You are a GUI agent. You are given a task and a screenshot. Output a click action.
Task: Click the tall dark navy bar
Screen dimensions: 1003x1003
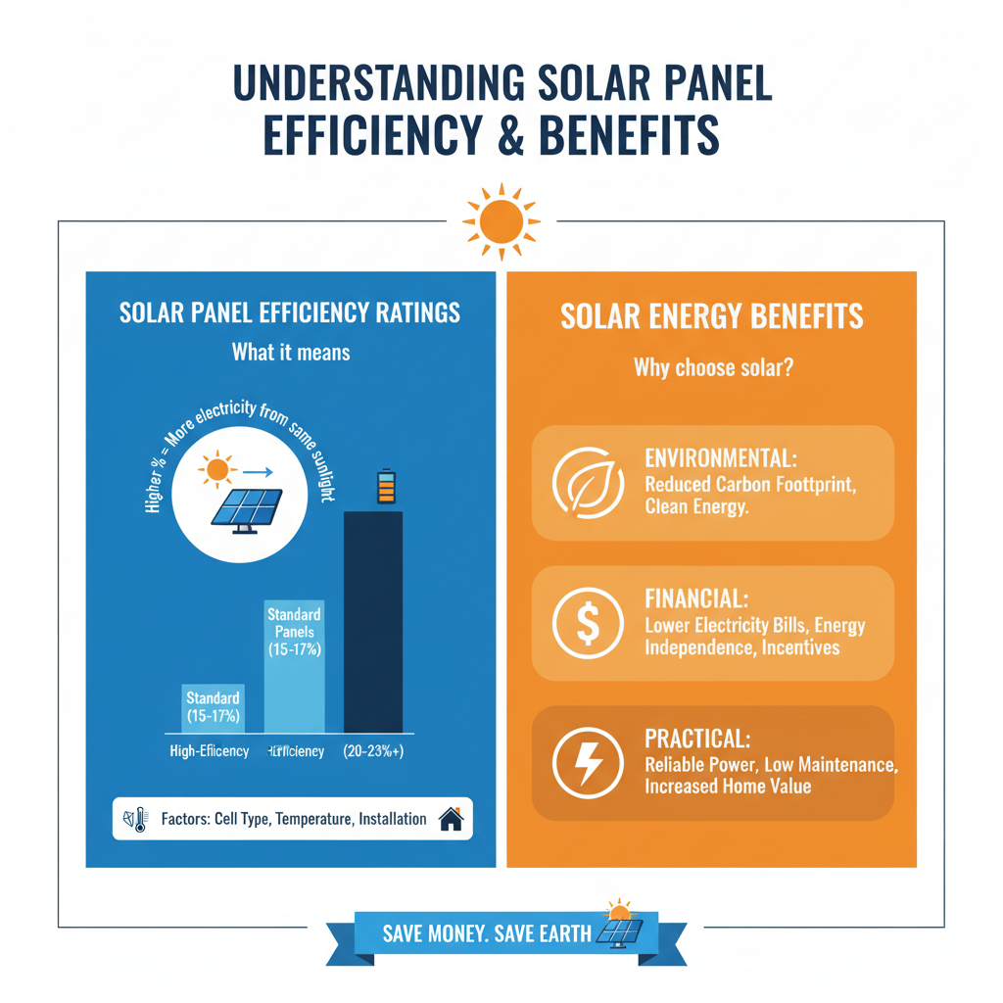point(372,621)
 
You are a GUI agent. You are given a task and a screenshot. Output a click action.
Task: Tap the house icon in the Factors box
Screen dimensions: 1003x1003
point(451,819)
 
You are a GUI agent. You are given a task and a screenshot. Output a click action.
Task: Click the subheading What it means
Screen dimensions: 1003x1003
point(290,352)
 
